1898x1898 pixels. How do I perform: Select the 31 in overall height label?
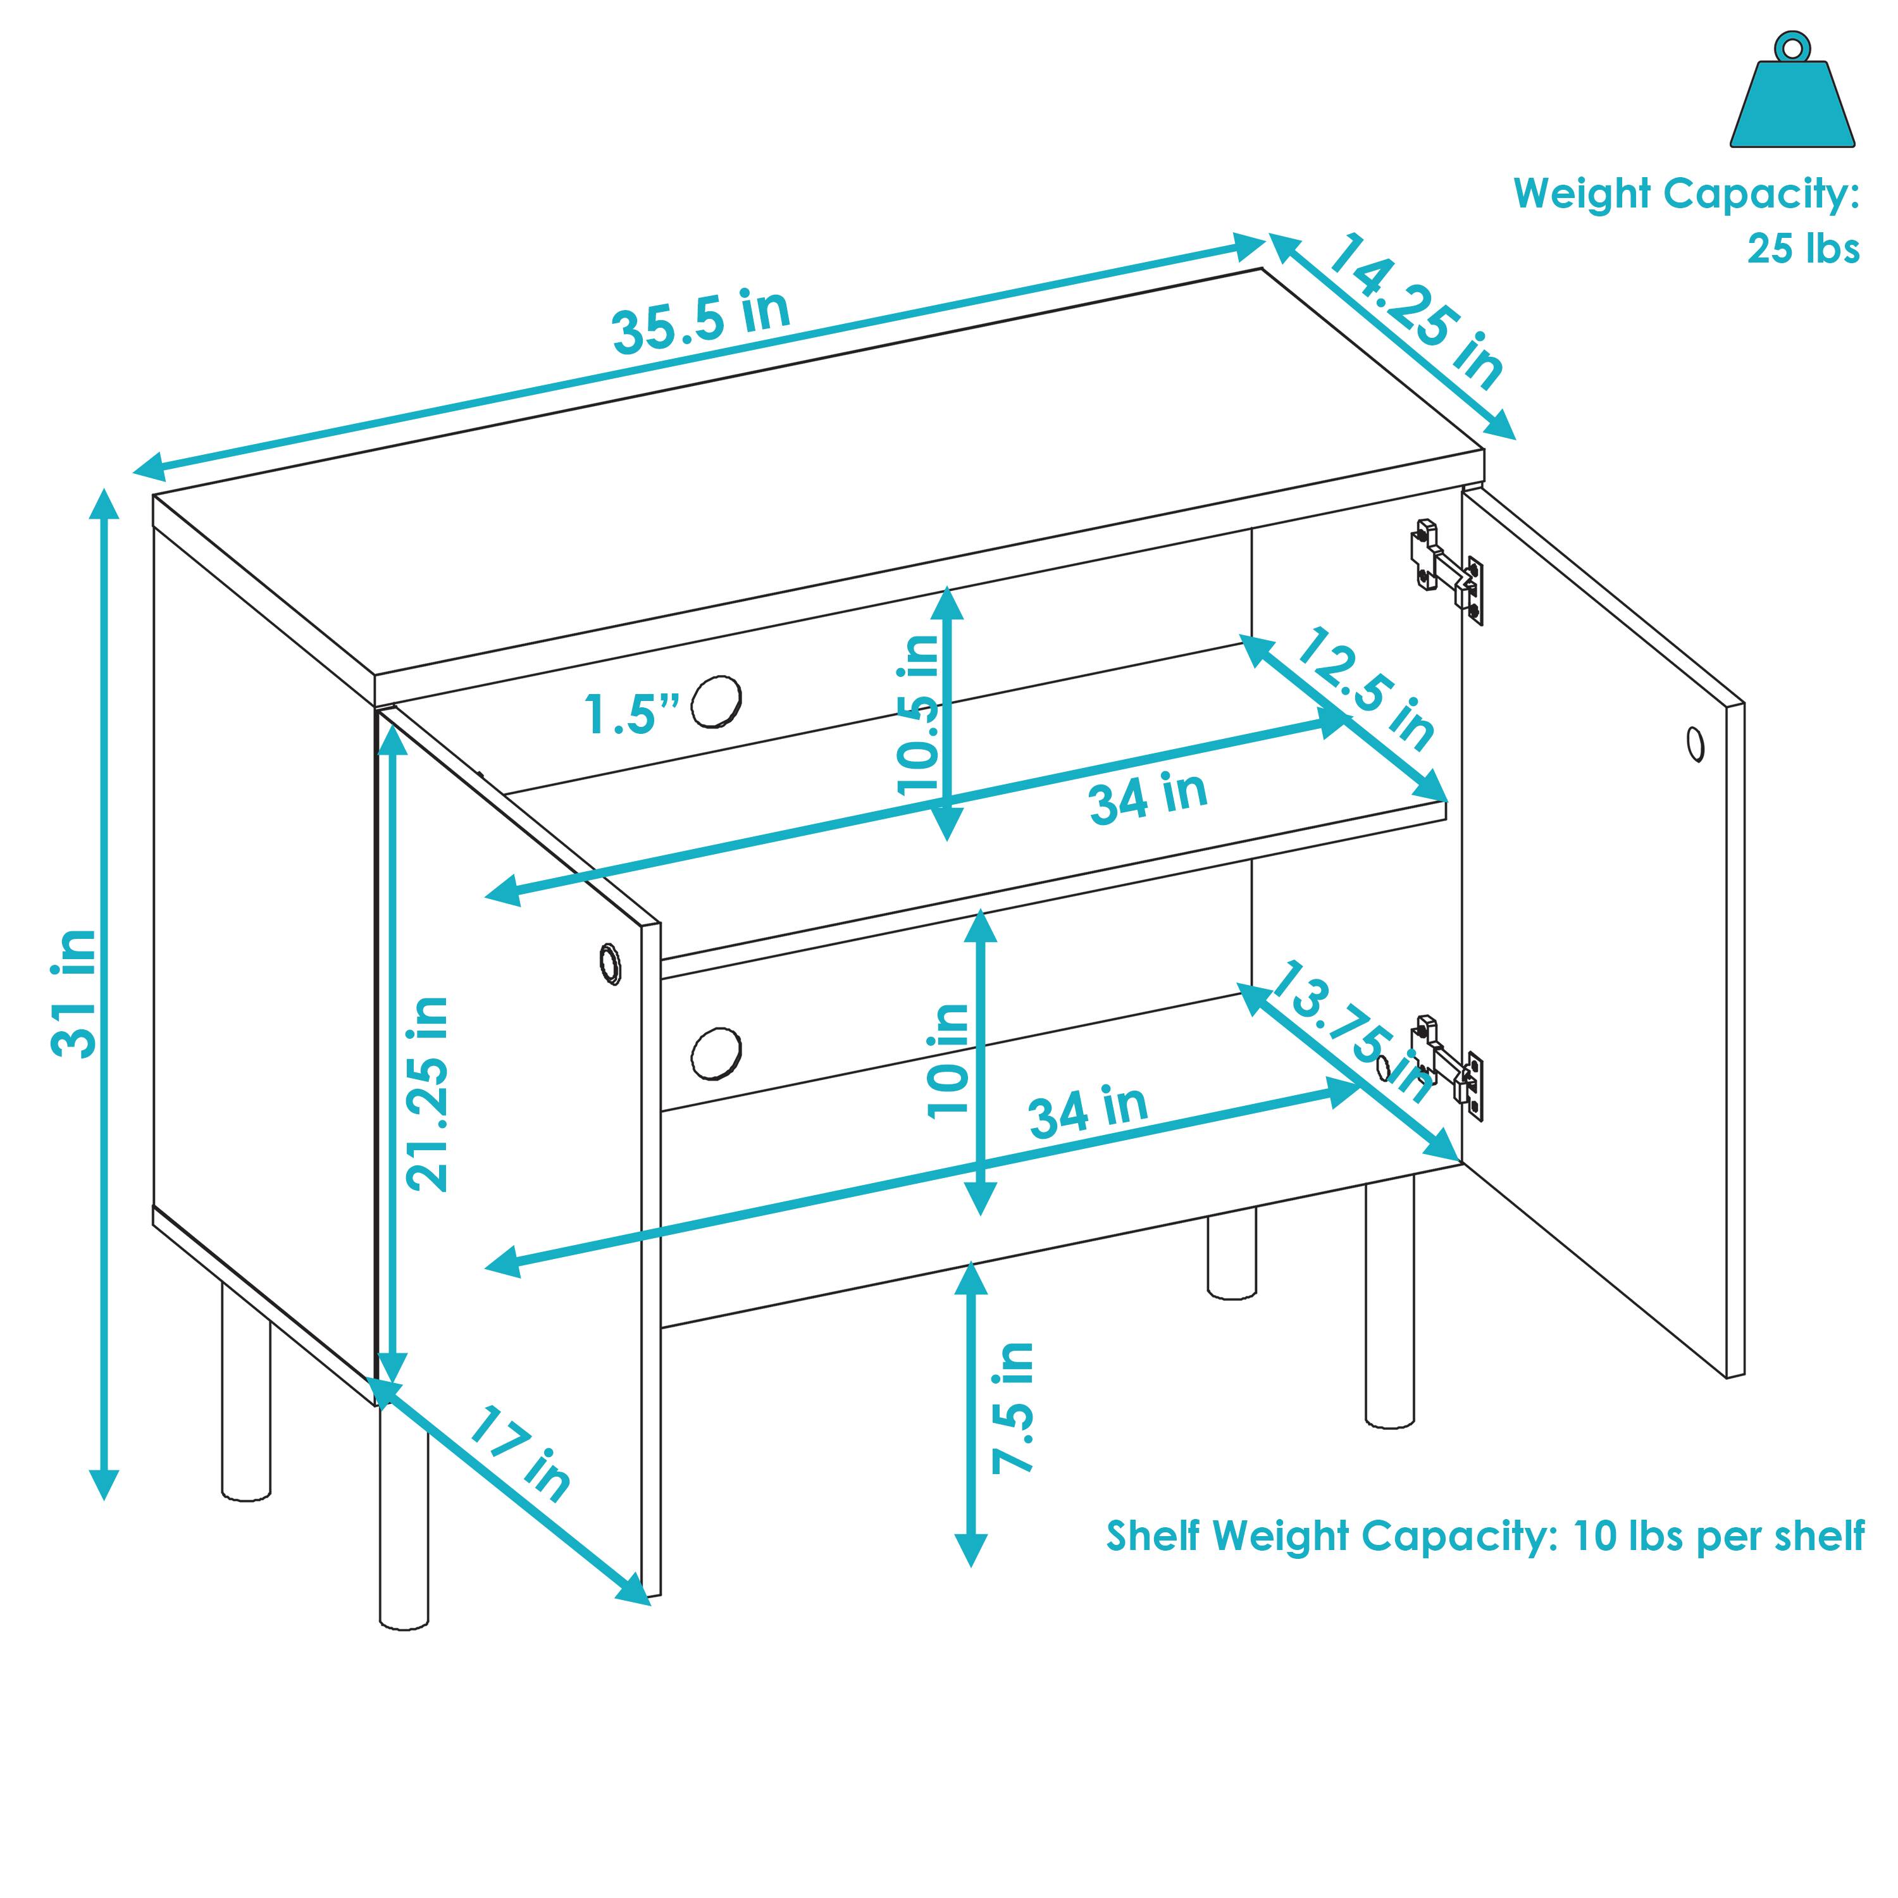coord(75,993)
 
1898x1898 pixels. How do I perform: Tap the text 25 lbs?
coord(1802,249)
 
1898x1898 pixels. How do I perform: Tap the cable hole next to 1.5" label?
coord(716,700)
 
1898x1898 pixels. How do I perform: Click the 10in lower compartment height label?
coord(948,1060)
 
